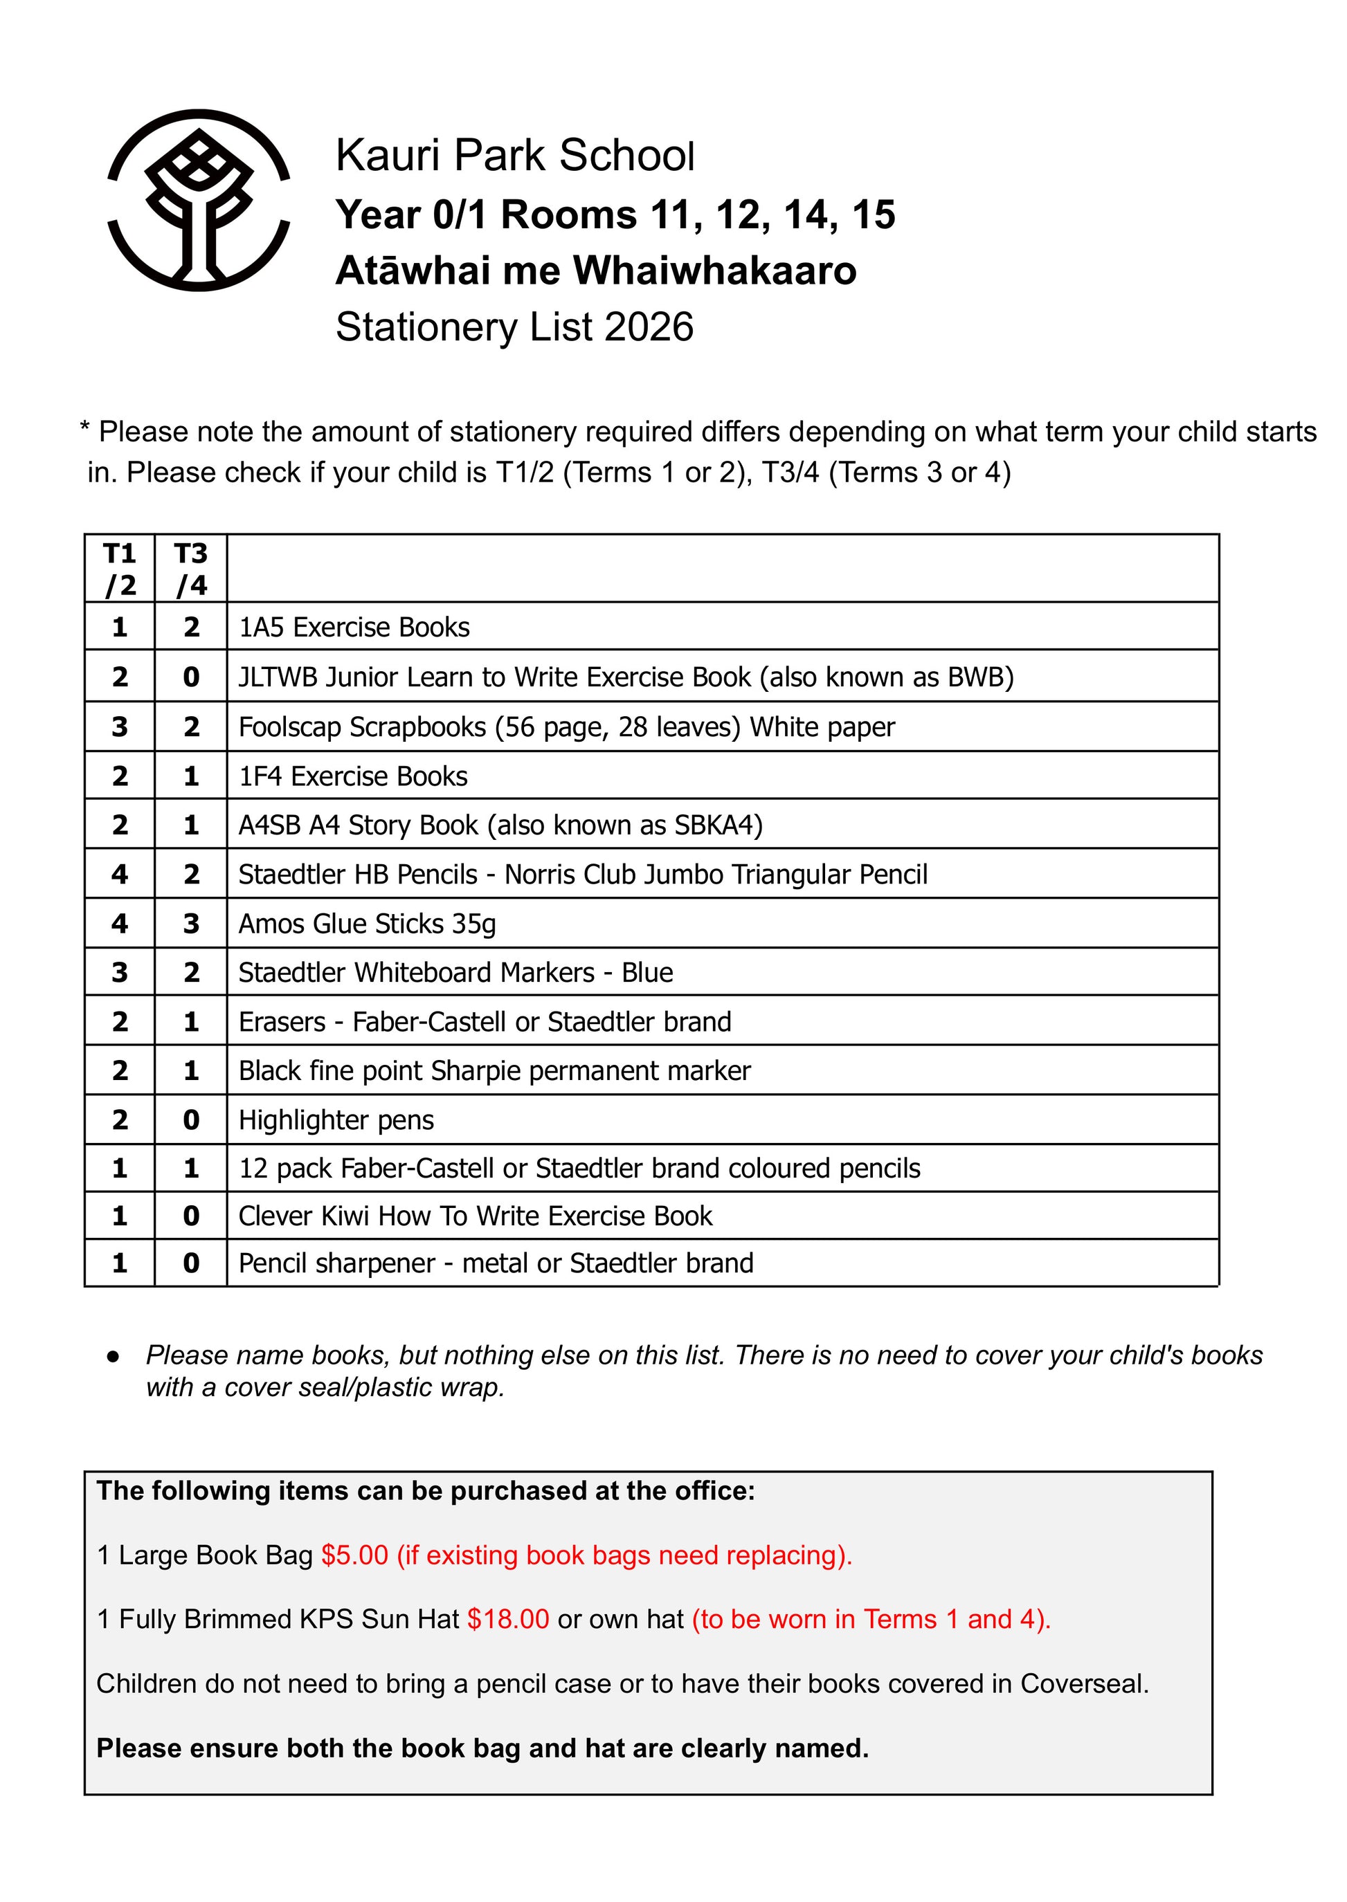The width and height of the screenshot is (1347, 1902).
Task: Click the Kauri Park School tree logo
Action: point(199,200)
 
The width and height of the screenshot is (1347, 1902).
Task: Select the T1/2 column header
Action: point(120,569)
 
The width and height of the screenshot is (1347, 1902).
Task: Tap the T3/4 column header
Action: point(191,569)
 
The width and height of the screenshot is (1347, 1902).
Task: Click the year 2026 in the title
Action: point(649,327)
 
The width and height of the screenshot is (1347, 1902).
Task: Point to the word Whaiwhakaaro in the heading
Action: point(715,271)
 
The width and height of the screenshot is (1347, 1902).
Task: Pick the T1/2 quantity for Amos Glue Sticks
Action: point(120,923)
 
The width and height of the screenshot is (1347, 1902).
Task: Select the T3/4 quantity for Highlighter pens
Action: point(191,1119)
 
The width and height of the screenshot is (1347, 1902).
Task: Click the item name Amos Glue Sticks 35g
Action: point(367,924)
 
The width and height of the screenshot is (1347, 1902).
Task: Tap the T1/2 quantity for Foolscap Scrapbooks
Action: point(120,726)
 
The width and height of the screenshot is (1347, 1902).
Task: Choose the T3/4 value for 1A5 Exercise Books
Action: point(191,627)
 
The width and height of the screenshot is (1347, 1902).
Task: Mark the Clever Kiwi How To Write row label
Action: point(476,1216)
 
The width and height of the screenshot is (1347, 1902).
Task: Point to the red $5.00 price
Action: point(355,1555)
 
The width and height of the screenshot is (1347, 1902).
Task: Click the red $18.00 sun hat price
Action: point(507,1619)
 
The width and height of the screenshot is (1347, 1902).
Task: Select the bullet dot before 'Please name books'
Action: point(114,1356)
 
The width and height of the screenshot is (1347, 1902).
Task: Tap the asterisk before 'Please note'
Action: point(84,429)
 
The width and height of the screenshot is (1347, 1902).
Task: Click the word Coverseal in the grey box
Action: point(1083,1684)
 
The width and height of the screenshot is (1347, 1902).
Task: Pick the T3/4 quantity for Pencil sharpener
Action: point(191,1263)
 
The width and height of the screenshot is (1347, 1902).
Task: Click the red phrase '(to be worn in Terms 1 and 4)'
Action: point(871,1619)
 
